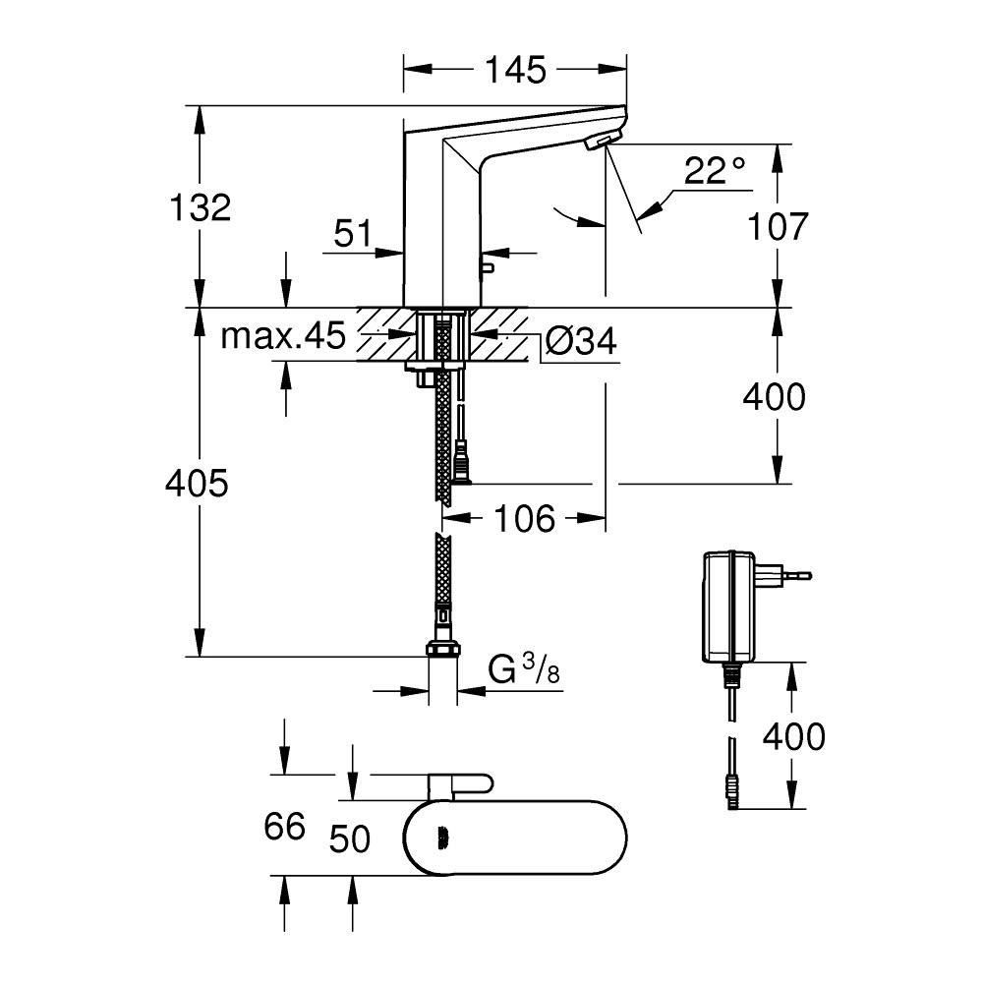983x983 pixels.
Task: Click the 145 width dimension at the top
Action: (515, 70)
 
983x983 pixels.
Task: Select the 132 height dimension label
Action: (200, 207)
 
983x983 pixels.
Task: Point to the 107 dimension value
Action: (777, 226)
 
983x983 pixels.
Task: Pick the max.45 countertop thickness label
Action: (283, 337)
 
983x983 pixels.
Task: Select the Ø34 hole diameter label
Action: (580, 341)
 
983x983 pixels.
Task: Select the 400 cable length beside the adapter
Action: (793, 735)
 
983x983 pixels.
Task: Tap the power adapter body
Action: (729, 607)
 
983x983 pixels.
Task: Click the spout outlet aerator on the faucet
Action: (599, 144)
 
